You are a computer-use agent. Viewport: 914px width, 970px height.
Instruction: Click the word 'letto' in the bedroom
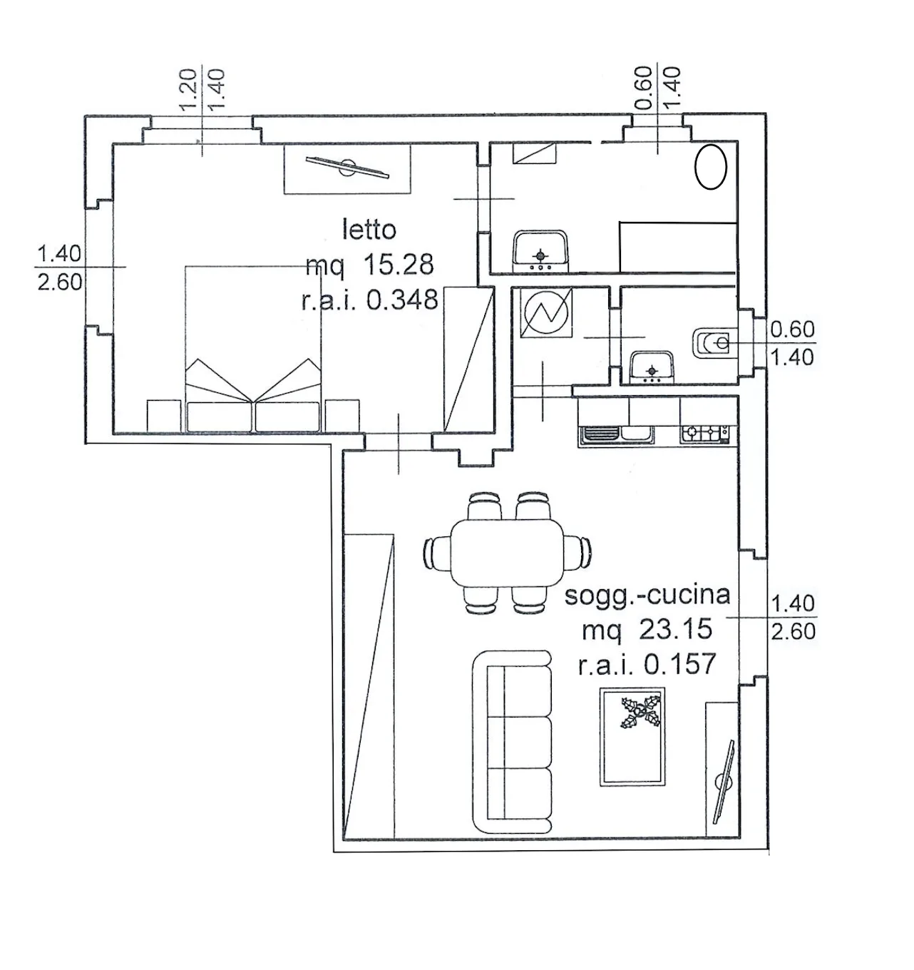pyautogui.click(x=369, y=230)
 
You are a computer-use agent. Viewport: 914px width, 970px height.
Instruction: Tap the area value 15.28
pyautogui.click(x=399, y=265)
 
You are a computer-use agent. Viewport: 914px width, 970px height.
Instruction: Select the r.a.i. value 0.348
pyautogui.click(x=402, y=300)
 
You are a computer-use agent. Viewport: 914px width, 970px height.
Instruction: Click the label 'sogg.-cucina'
pyautogui.click(x=647, y=594)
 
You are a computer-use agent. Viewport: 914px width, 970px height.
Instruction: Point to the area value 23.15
pyautogui.click(x=676, y=629)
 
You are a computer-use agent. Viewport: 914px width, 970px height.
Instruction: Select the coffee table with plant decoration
pyautogui.click(x=632, y=736)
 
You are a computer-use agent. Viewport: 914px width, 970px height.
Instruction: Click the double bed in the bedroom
pyautogui.click(x=252, y=349)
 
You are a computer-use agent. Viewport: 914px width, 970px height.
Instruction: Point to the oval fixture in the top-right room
pyautogui.click(x=711, y=167)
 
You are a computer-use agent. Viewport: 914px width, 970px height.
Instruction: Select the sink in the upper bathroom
pyautogui.click(x=540, y=251)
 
